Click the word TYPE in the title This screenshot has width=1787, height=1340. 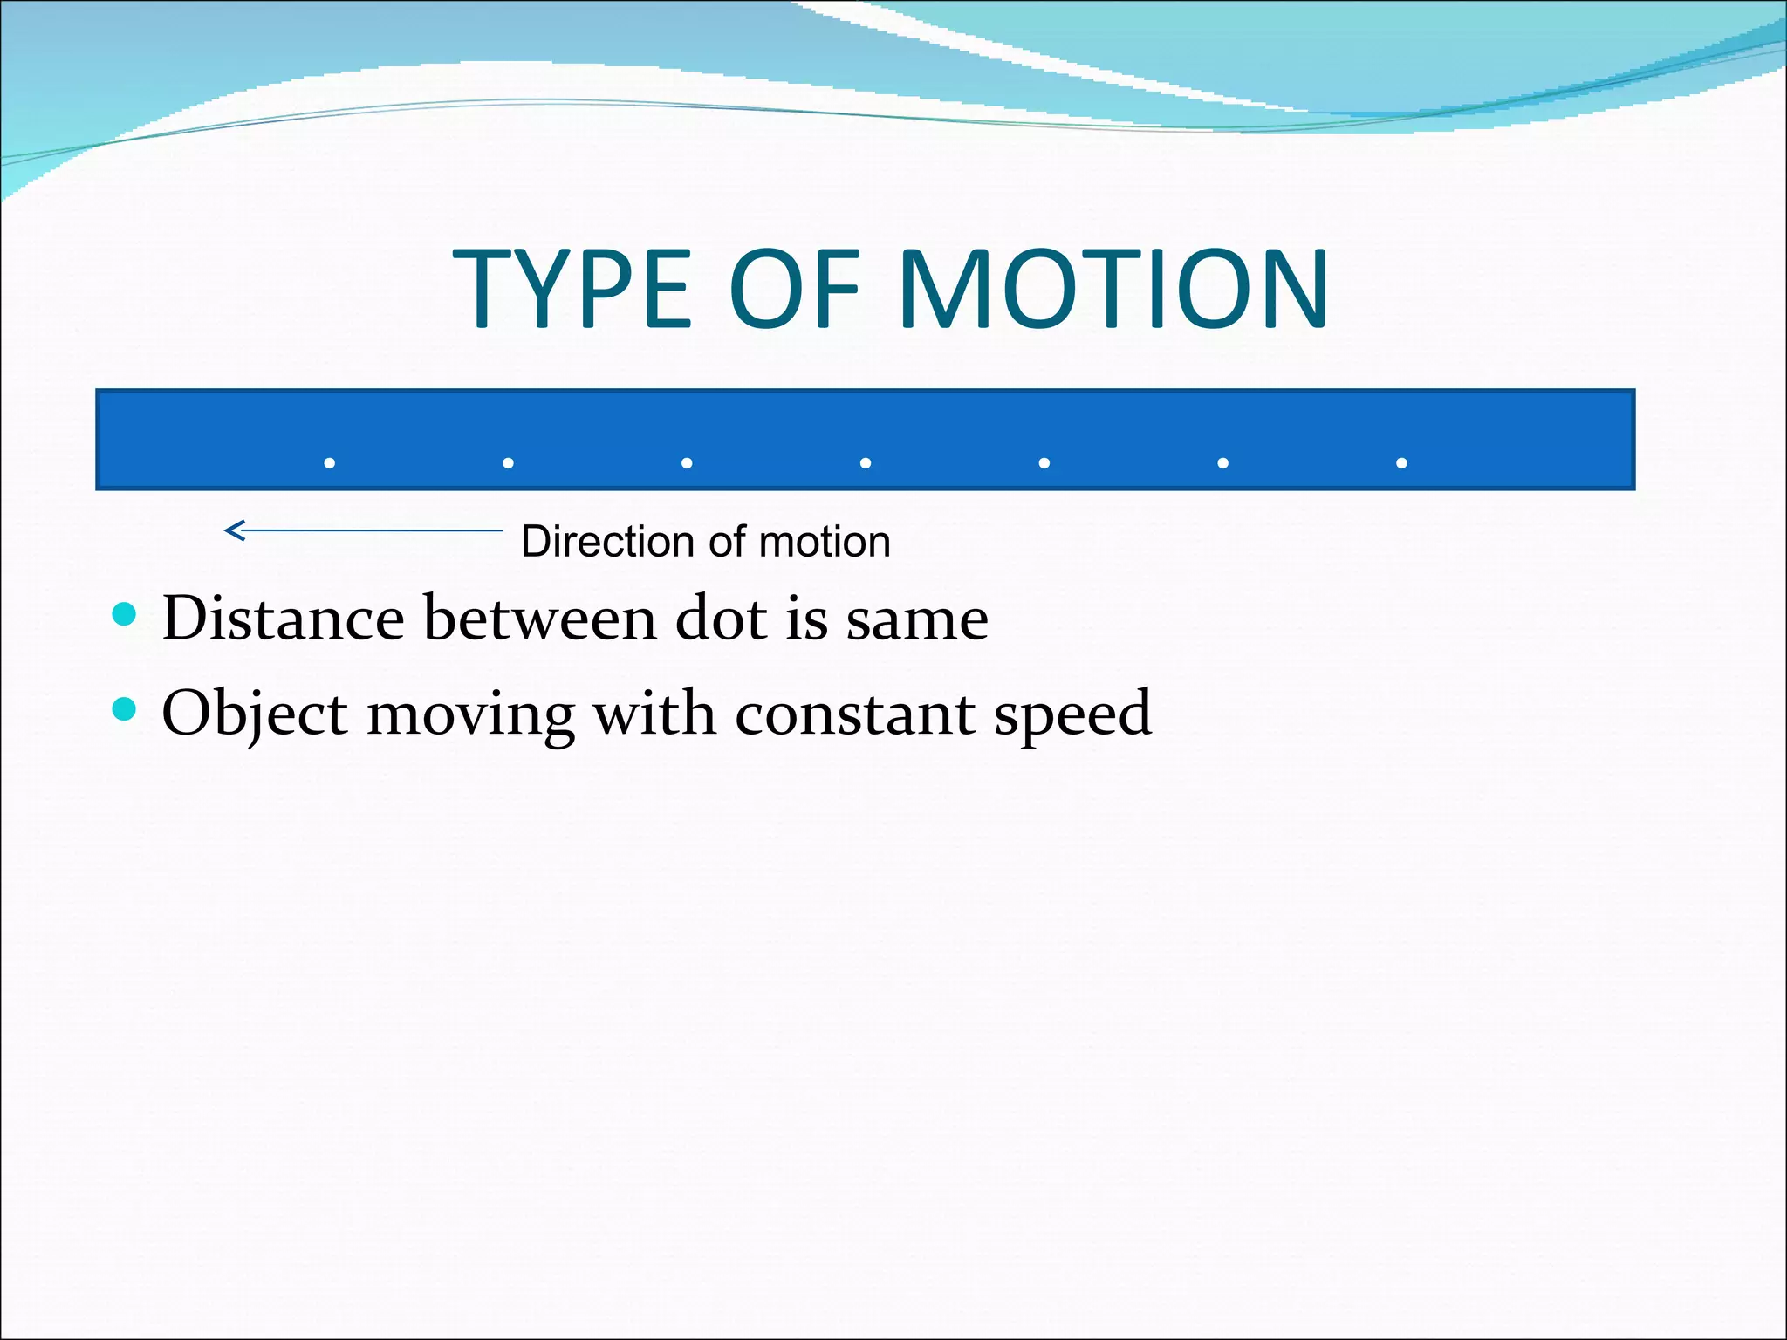point(572,289)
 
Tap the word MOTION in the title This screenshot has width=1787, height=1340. point(1113,289)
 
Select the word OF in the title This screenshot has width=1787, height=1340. point(794,289)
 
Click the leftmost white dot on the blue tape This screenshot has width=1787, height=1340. point(330,463)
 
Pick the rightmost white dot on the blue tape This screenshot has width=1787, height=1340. point(1401,463)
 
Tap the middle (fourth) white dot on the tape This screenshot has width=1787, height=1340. point(866,463)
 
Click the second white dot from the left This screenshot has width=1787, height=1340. point(509,463)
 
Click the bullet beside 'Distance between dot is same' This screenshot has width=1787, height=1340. point(126,614)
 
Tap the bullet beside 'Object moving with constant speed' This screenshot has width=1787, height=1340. point(126,708)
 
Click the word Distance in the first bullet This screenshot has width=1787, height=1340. point(283,619)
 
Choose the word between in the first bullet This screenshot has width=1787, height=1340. point(539,619)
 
